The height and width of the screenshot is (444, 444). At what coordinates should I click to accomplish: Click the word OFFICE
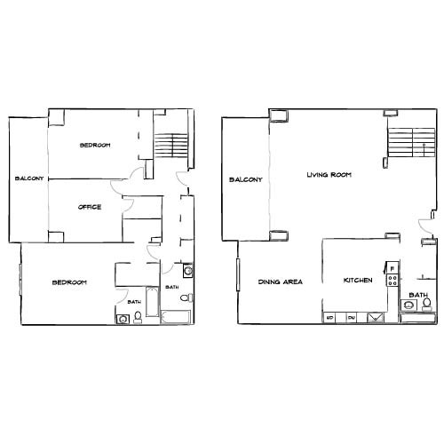tap(90, 207)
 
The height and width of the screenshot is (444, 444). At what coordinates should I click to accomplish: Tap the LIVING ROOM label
tap(329, 175)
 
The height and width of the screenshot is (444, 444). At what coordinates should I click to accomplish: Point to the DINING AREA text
tap(281, 281)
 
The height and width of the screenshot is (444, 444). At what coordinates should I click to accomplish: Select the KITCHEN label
tap(358, 281)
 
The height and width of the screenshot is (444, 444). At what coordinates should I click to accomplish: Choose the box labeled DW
tap(351, 317)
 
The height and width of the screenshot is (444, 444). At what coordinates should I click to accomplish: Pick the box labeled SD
tap(329, 317)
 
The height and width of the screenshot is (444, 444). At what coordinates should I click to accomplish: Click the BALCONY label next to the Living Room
tap(245, 179)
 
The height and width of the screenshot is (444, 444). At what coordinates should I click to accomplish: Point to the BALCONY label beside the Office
tap(29, 179)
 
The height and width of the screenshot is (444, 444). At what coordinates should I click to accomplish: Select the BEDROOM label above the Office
tap(94, 146)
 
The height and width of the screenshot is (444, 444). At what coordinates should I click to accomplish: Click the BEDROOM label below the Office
tap(68, 282)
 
